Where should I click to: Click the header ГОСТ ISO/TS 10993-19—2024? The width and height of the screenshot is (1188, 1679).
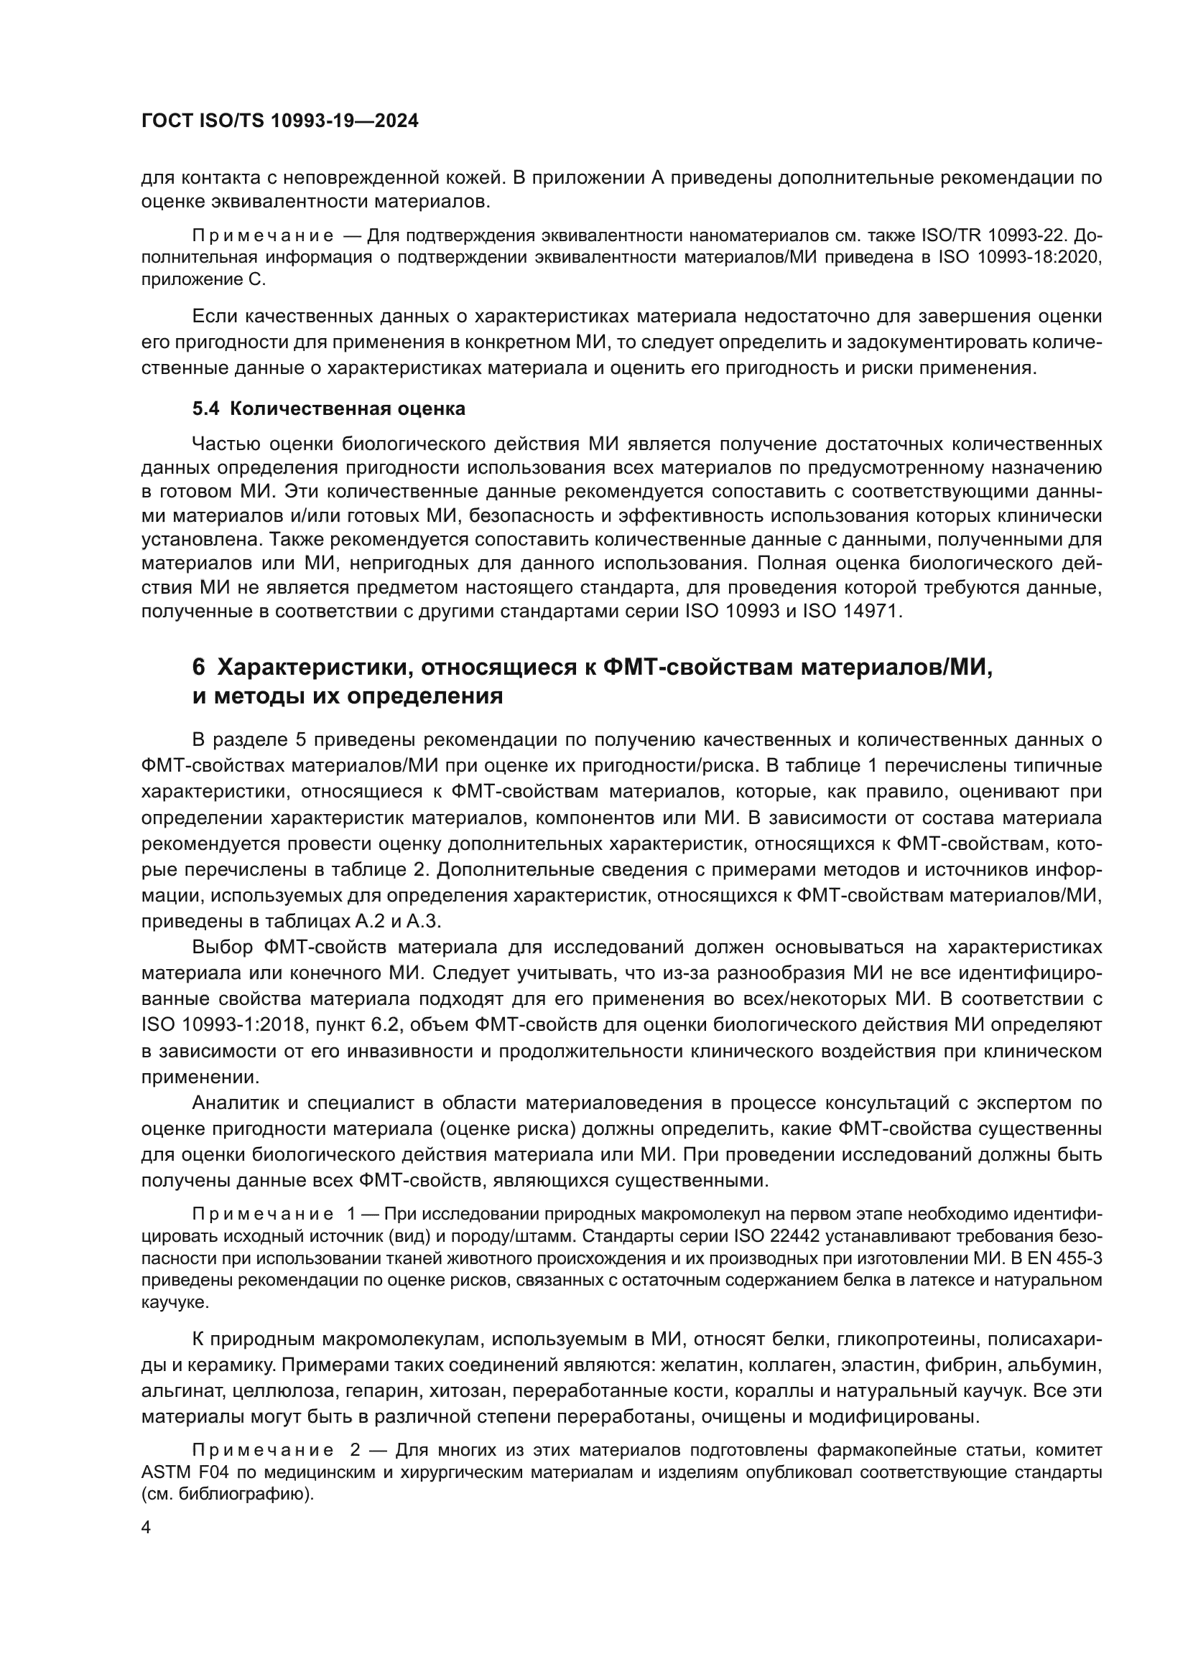279,121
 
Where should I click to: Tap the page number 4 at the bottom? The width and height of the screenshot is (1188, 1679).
146,1528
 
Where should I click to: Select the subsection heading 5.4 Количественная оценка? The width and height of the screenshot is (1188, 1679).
328,408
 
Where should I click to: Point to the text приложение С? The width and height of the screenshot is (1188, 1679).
204,279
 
